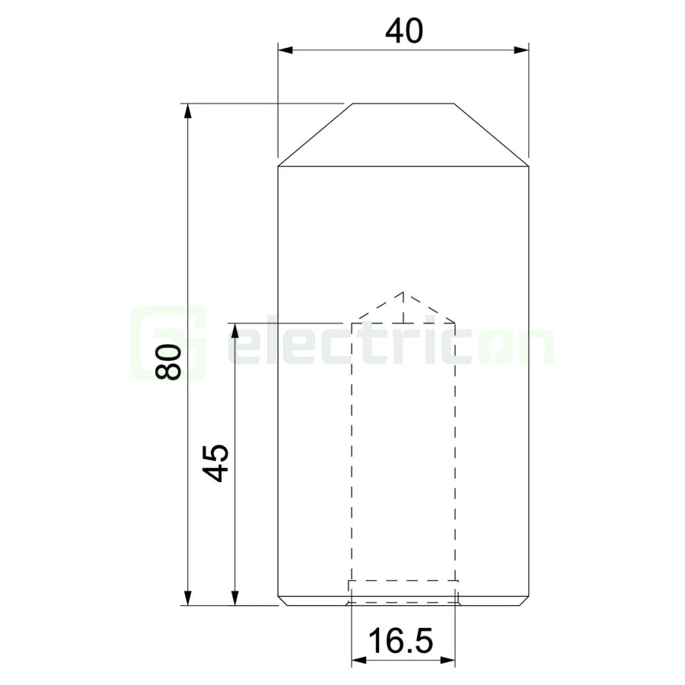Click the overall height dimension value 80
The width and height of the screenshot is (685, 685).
(x=168, y=362)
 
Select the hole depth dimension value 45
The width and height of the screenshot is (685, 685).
(x=217, y=462)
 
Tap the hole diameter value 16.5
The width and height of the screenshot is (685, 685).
(x=403, y=641)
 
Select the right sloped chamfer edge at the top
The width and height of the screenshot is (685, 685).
(x=492, y=135)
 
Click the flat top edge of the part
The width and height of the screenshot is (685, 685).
(x=403, y=103)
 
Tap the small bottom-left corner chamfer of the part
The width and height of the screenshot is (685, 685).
(x=281, y=601)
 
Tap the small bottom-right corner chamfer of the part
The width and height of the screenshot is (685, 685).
(x=525, y=601)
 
